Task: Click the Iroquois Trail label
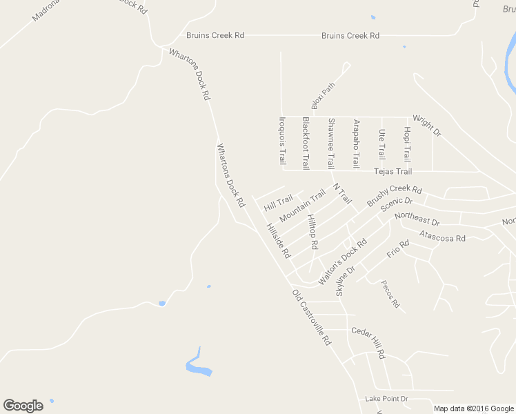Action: pyautogui.click(x=281, y=140)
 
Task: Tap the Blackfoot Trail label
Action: pyautogui.click(x=306, y=143)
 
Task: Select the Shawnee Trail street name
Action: pyautogui.click(x=330, y=143)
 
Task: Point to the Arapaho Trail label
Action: pyautogui.click(x=356, y=144)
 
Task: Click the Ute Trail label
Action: pyautogui.click(x=381, y=144)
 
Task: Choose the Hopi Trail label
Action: pyautogui.click(x=407, y=144)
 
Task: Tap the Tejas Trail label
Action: pyautogui.click(x=393, y=172)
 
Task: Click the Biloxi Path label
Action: pyautogui.click(x=323, y=96)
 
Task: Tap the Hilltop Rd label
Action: pyautogui.click(x=312, y=231)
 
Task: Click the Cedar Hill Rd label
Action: pyautogui.click(x=368, y=342)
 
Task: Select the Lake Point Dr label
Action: pyautogui.click(x=386, y=399)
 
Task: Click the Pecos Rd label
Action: pyautogui.click(x=390, y=294)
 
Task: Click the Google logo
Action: pyautogui.click(x=23, y=405)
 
